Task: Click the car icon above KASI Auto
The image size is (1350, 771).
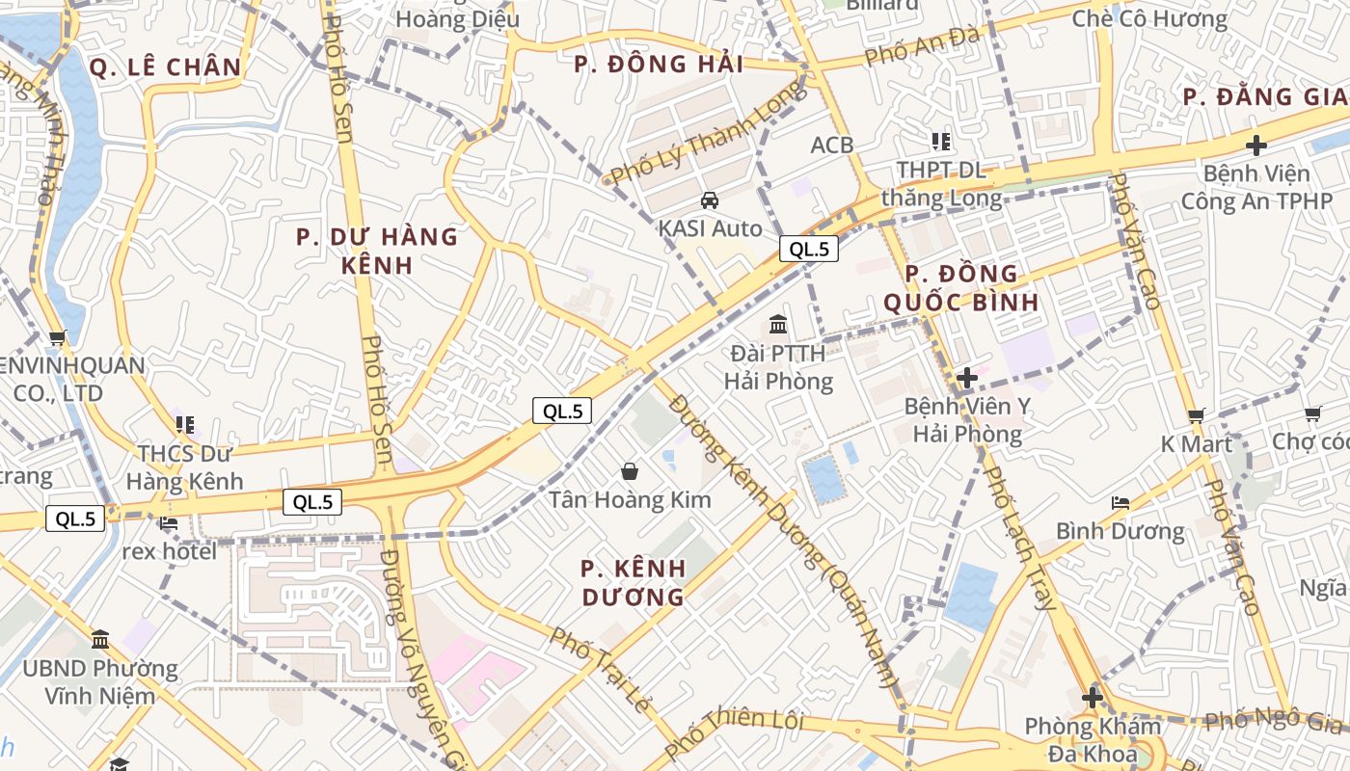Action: pos(710,200)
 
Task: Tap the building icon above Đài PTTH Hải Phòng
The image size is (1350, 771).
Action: pos(778,325)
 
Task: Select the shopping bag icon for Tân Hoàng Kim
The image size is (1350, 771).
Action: pos(630,471)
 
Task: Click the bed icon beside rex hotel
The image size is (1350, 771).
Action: pos(169,523)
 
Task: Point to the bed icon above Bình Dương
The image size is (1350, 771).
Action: pos(1120,503)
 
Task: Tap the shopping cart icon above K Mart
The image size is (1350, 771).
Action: pos(1197,415)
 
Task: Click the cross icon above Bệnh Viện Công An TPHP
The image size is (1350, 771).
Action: pos(1255,146)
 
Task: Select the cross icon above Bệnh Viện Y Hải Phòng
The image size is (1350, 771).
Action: pos(967,378)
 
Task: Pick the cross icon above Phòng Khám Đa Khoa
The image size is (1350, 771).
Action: pos(1093,697)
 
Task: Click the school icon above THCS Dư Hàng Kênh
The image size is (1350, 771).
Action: pos(185,424)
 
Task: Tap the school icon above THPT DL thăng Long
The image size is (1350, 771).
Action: pos(941,142)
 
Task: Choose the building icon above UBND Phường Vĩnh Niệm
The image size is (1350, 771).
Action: pos(100,639)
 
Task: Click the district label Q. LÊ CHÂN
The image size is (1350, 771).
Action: pos(165,66)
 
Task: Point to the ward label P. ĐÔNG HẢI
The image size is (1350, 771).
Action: pos(659,65)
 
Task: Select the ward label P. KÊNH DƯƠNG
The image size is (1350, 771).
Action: pos(634,582)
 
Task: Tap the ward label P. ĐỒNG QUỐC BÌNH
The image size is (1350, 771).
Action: pos(961,287)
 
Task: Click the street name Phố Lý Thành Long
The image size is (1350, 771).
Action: pos(708,133)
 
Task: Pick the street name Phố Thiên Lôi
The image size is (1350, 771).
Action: pos(734,731)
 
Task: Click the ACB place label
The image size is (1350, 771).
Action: pos(832,145)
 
